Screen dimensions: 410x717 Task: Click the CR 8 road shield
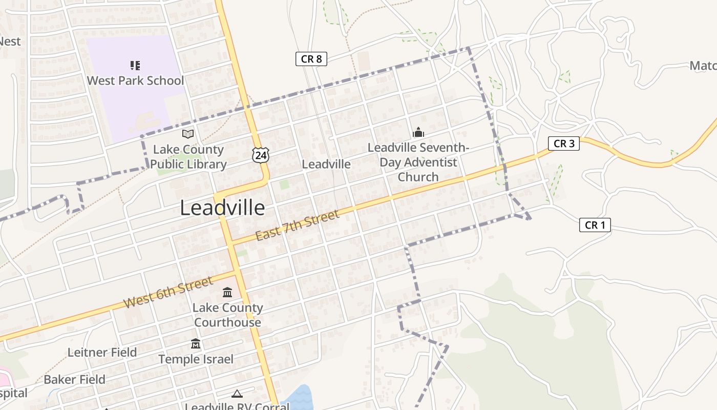tap(311, 59)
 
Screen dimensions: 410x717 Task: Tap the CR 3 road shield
tap(564, 143)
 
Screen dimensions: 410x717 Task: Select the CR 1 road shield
tap(595, 225)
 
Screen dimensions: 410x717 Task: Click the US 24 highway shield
tap(261, 155)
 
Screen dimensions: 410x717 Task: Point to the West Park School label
tap(135, 80)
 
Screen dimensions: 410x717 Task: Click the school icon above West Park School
tap(135, 65)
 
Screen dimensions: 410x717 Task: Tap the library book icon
tap(188, 134)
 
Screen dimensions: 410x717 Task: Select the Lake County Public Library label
tap(188, 157)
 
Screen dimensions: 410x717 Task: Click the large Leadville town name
tap(222, 208)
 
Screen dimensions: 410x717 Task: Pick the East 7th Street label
tap(297, 225)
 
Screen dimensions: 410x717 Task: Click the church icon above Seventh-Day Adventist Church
tap(418, 133)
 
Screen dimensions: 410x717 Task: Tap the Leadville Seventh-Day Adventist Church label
tap(418, 162)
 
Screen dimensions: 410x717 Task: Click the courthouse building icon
tap(227, 293)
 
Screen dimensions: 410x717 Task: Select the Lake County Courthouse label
tap(227, 315)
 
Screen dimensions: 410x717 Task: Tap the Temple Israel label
tap(196, 359)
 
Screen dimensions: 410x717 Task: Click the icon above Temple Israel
tap(196, 344)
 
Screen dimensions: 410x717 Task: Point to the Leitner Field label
tap(102, 353)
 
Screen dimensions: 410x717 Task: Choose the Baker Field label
tap(75, 380)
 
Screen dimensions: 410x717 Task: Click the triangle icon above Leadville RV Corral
tap(237, 394)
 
